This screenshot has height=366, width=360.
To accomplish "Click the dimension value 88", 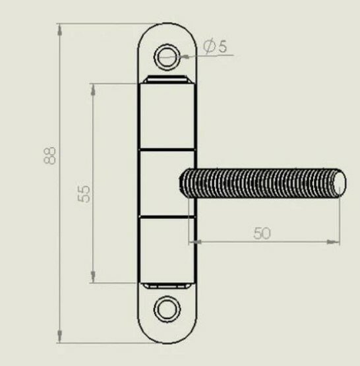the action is pyautogui.click(x=49, y=156).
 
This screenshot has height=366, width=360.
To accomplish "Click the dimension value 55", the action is pyautogui.click(x=84, y=194).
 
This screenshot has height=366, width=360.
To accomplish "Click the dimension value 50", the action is pyautogui.click(x=262, y=233).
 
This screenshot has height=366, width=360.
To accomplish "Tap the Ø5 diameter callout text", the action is pyautogui.click(x=215, y=46).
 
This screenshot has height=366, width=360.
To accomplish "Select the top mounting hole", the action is pyautogui.click(x=167, y=57).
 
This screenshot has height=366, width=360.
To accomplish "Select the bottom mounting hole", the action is pyautogui.click(x=167, y=309).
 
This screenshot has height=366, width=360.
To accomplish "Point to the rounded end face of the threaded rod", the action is pyautogui.click(x=340, y=183).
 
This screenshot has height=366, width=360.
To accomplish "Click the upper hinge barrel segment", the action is pyautogui.click(x=167, y=116).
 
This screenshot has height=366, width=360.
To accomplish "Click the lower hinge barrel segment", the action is pyautogui.click(x=167, y=250).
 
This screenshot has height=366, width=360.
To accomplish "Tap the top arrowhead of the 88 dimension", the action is pyautogui.click(x=60, y=30).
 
